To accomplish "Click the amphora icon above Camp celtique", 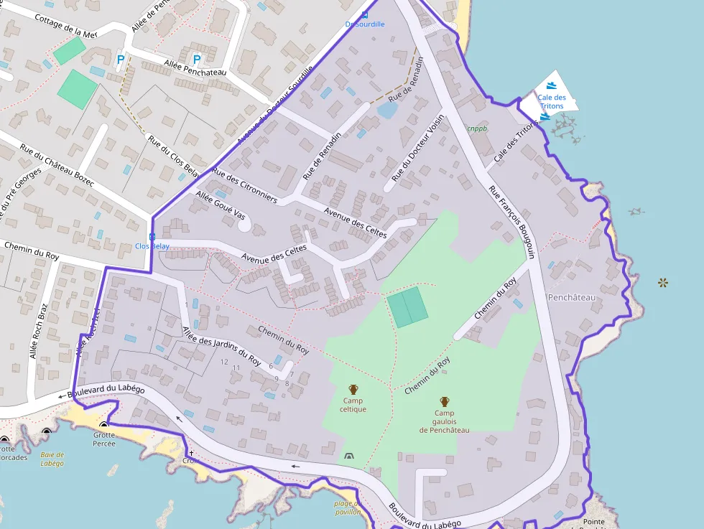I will pos(353,390).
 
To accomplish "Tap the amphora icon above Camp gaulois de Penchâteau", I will pos(444,402).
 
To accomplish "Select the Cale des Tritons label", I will pos(552,102).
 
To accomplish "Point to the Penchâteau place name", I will pos(572,297).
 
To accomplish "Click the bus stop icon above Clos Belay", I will pos(152,236).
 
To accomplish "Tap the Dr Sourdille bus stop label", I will pos(365,24).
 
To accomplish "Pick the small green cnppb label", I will pos(477,129).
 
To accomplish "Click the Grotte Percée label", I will pos(104,439).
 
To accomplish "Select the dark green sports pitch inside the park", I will pos(407,307).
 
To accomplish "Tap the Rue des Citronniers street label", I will pos(244,186).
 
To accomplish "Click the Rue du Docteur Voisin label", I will pos(417,149).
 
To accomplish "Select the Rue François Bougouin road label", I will pos(512,222).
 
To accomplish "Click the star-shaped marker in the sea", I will pos(662,283).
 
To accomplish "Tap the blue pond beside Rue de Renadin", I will pos(386,110).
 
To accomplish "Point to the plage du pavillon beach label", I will pos(348,508).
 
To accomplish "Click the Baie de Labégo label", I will pos(52,459).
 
